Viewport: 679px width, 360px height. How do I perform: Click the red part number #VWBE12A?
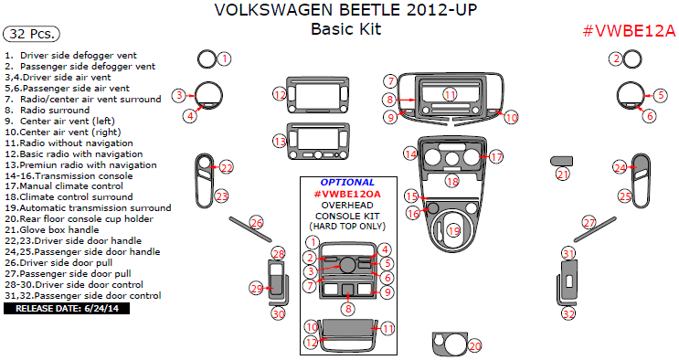coord(630,31)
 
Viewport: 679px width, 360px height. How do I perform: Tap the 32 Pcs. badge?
coord(31,34)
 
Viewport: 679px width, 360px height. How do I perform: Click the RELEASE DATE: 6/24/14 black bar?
coord(67,309)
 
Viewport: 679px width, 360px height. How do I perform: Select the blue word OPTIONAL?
coord(347,183)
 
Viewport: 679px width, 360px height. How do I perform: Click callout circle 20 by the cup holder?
coord(474,345)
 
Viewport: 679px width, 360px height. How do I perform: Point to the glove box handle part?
coord(561,161)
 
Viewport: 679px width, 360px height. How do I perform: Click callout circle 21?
coord(563,175)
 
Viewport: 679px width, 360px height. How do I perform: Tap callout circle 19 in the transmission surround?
coord(454,231)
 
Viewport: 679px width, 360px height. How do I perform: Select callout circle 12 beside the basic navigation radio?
coord(281,94)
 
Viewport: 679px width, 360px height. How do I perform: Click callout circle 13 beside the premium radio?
coord(281,141)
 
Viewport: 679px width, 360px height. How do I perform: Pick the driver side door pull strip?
coord(250,229)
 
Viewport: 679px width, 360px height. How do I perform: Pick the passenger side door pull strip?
coord(595,229)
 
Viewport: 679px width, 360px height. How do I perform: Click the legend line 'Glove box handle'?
coord(52,230)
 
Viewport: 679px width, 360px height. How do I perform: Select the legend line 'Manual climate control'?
coord(64,186)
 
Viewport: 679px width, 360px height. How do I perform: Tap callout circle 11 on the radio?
coord(451,94)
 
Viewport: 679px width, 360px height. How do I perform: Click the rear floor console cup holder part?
coord(450,344)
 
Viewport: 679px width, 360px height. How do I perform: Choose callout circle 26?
coord(257,223)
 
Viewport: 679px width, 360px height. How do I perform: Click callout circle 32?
coord(568,313)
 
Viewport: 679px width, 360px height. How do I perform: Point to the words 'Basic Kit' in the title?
coord(346,29)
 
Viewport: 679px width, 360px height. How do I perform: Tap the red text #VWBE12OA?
coord(347,194)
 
